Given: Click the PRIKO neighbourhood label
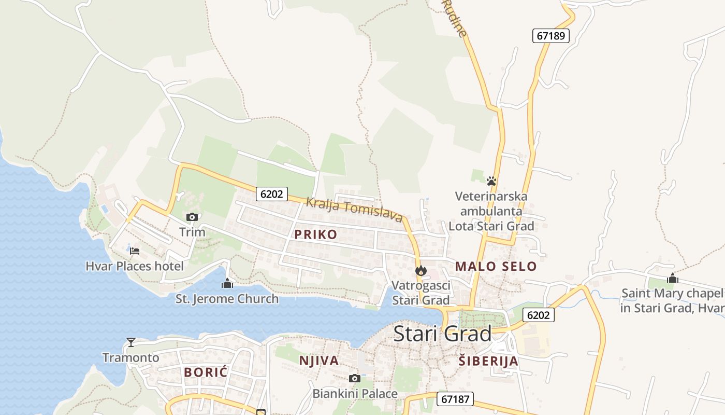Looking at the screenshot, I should click(315, 234).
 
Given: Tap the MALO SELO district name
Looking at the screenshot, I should click(496, 267).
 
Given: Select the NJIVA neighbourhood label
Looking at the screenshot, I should click(319, 361).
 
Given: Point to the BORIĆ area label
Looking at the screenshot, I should click(206, 372).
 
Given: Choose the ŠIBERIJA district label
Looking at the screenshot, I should click(488, 361).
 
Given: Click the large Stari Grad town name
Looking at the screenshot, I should click(442, 334).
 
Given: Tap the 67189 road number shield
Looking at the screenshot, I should click(551, 36).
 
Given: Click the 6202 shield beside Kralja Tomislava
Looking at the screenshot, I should click(271, 194).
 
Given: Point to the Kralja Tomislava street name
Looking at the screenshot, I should click(354, 209).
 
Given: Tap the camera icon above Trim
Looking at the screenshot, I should click(192, 217).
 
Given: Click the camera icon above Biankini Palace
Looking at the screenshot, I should click(355, 378).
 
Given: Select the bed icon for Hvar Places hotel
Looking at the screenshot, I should click(135, 251).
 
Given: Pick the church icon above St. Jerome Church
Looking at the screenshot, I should click(227, 283).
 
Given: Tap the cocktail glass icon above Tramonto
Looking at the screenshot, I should click(131, 342).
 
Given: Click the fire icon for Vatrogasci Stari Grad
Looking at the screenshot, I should click(421, 270).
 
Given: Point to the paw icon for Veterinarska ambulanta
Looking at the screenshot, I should click(491, 181).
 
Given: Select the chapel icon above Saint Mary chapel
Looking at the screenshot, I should click(672, 278).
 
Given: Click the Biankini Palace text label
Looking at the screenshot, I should click(355, 394).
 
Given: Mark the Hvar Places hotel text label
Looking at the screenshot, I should click(135, 267).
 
